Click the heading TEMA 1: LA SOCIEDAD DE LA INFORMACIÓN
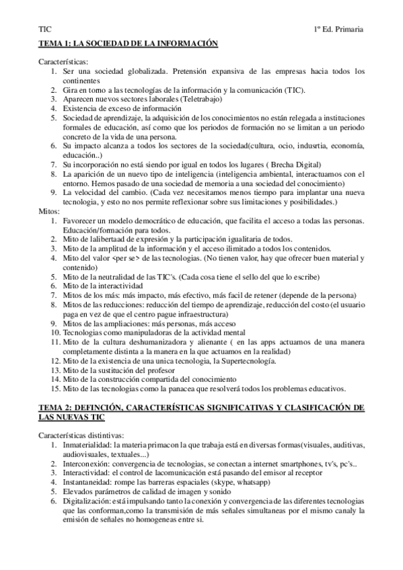pyautogui.click(x=129, y=42)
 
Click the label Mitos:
pyautogui.click(x=50, y=211)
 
